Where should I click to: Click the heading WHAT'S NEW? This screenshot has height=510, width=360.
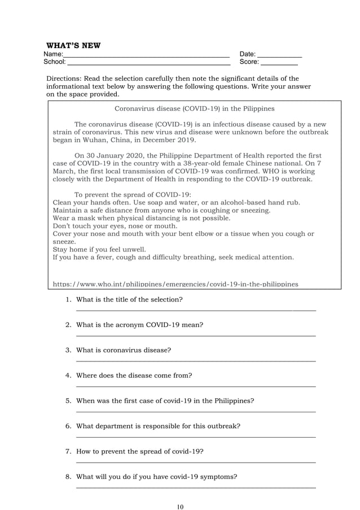73,45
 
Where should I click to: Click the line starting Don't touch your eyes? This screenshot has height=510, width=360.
115,226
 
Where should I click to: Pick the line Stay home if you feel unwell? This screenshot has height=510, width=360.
99,249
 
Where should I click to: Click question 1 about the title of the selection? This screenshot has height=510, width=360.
129,299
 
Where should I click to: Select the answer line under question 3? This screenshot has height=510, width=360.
195,361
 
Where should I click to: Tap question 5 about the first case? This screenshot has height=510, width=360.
164,400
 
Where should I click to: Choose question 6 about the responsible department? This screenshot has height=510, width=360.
158,426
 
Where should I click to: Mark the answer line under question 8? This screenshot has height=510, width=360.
195,487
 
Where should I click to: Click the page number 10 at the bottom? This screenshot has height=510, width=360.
180,506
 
